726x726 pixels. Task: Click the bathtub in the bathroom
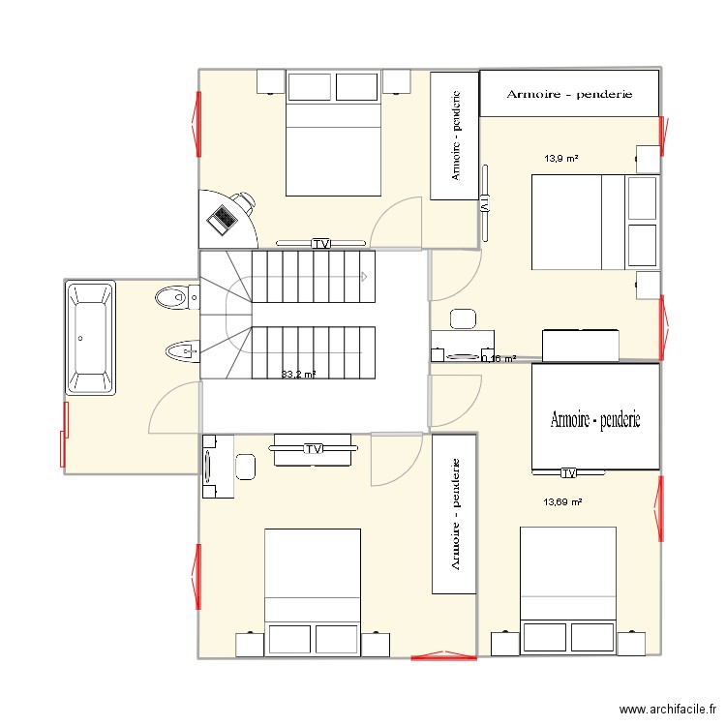[90, 338]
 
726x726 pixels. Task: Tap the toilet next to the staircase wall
[173, 297]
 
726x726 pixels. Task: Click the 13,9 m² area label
[561, 158]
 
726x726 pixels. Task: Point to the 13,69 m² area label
[562, 502]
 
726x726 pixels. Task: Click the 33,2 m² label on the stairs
[298, 374]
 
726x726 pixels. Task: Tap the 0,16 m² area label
[499, 359]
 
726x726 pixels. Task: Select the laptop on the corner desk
[223, 219]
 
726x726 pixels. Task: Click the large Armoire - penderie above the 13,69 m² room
[595, 419]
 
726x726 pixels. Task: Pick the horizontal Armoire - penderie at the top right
[570, 94]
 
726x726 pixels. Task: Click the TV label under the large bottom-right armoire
[568, 473]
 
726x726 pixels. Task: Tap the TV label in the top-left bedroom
[321, 243]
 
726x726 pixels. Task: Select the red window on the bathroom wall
[65, 434]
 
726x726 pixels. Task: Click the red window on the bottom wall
[443, 658]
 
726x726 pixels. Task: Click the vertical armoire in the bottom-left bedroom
[453, 513]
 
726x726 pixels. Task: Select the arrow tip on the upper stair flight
[364, 277]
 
